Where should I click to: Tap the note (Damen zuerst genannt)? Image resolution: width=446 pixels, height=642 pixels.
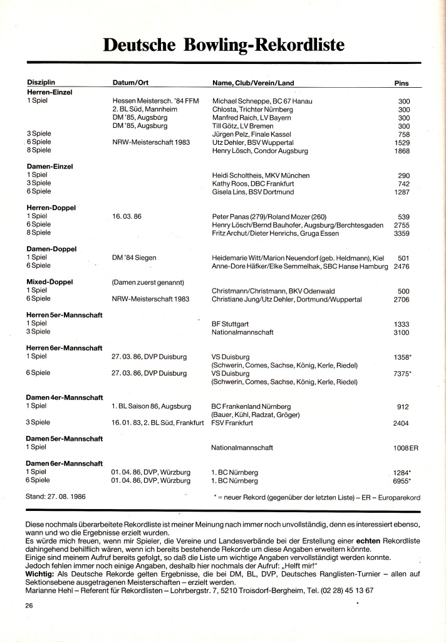148,282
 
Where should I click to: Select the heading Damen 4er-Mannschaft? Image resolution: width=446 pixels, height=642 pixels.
65,397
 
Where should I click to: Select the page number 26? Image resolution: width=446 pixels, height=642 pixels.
29,606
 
